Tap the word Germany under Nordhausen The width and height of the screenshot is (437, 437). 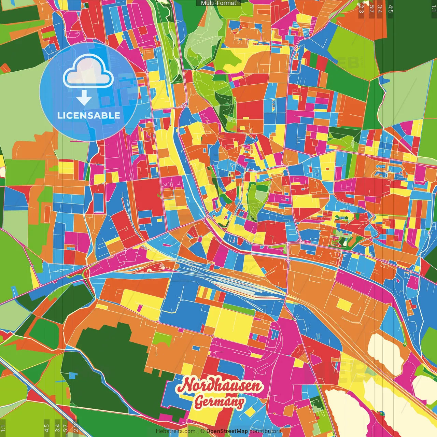click(219, 402)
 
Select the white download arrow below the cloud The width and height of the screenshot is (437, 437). click(84, 98)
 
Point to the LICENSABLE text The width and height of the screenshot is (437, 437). click(88, 115)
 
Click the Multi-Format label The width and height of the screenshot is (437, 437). click(218, 3)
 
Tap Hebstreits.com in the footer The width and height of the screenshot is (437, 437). click(175, 431)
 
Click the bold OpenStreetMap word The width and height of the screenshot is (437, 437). click(227, 431)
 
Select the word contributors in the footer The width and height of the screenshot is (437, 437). click(265, 431)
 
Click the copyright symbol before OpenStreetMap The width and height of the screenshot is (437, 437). click(202, 431)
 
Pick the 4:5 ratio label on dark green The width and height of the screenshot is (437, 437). click(391, 9)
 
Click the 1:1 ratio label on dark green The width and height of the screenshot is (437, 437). click(434, 9)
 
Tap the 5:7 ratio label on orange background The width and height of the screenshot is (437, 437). click(371, 9)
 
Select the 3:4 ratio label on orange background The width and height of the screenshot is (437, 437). click(380, 9)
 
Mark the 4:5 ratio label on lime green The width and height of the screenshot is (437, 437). click(46, 428)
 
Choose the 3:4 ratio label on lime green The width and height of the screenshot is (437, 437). click(57, 428)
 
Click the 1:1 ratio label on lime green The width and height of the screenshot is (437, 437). click(3, 428)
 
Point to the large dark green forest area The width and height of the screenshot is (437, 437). click(113, 369)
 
